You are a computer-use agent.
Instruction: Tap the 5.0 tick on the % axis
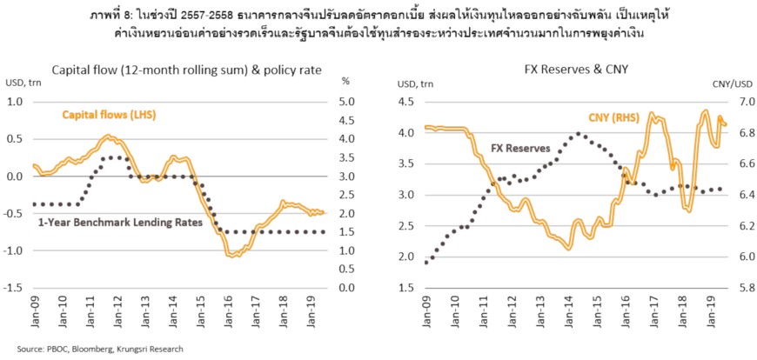345,102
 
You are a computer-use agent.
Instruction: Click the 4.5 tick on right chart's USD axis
407,102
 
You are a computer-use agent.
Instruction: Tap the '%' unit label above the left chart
345,84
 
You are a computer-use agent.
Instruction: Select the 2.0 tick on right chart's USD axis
407,257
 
